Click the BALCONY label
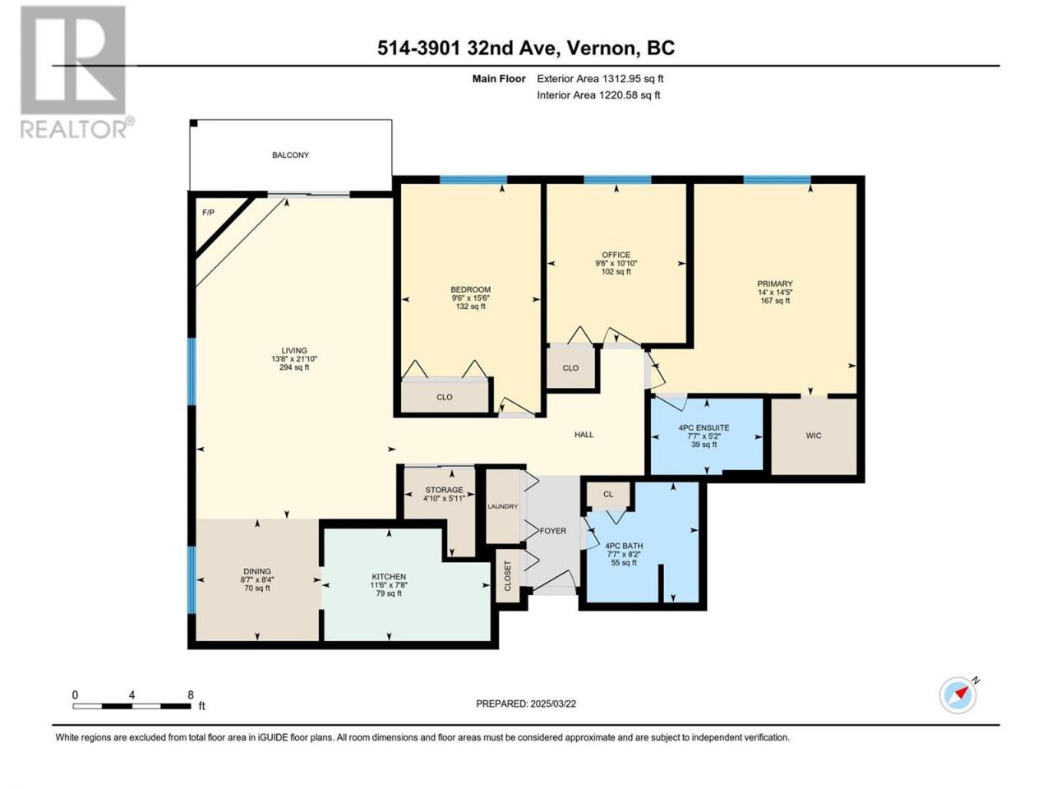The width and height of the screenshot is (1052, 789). pyautogui.click(x=290, y=155)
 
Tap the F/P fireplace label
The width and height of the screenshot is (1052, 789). pyautogui.click(x=208, y=212)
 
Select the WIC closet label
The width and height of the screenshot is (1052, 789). pyautogui.click(x=814, y=436)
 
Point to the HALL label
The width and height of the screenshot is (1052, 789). pyautogui.click(x=584, y=435)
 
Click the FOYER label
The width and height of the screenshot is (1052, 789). pyautogui.click(x=552, y=531)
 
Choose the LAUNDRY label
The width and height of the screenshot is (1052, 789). pyautogui.click(x=503, y=506)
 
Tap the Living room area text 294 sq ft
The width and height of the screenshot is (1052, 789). pyautogui.click(x=294, y=367)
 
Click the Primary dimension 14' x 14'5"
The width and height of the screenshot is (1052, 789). pyautogui.click(x=775, y=293)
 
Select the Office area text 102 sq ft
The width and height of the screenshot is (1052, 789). pyautogui.click(x=616, y=271)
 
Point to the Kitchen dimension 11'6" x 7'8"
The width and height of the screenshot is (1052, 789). pyautogui.click(x=389, y=585)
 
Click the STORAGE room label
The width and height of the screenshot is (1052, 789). pyautogui.click(x=445, y=490)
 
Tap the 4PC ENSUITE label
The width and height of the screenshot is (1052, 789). pyautogui.click(x=704, y=428)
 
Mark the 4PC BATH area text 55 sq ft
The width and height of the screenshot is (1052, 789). pyautogui.click(x=624, y=562)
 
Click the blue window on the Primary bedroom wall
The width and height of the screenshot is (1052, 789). pyautogui.click(x=777, y=180)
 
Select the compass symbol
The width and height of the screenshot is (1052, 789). pyautogui.click(x=957, y=695)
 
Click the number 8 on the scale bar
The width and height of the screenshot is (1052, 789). pyautogui.click(x=191, y=694)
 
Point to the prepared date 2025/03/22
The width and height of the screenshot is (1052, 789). pyautogui.click(x=552, y=704)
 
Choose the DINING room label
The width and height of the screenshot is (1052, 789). pyautogui.click(x=257, y=571)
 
